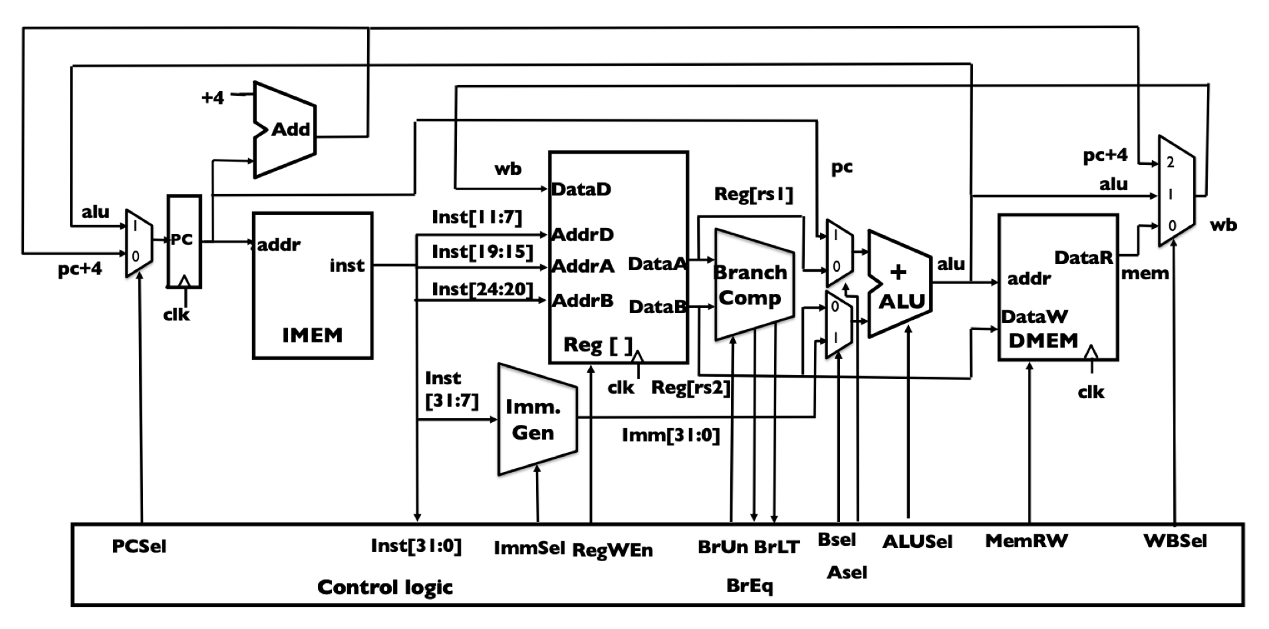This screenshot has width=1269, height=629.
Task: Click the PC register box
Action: [184, 241]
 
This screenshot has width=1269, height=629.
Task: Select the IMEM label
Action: [312, 335]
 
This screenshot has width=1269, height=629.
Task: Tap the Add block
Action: [285, 130]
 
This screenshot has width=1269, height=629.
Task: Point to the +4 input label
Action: [213, 98]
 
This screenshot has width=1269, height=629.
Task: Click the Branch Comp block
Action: [754, 285]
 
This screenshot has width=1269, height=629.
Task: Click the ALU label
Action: [902, 302]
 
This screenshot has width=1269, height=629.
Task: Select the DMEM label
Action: [1043, 340]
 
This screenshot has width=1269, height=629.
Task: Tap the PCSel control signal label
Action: [139, 547]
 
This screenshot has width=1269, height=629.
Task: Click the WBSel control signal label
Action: [1175, 541]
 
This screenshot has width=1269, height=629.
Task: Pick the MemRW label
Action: [1026, 541]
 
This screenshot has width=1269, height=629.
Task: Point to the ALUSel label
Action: [917, 542]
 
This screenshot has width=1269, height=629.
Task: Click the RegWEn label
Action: [613, 550]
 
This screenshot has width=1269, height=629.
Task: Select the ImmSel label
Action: [529, 549]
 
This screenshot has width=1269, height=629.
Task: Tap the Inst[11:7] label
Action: [477, 217]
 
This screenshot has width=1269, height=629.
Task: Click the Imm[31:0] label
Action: [670, 436]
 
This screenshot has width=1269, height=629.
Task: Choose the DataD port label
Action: [581, 189]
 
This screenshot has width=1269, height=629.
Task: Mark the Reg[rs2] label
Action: [690, 388]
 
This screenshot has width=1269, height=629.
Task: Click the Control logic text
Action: [385, 587]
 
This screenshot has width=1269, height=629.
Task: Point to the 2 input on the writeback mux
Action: [1171, 162]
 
